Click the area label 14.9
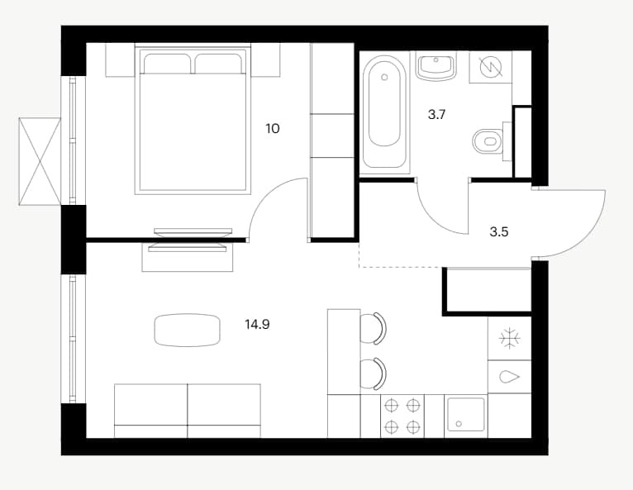coord(257,324)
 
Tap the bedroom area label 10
coord(273,129)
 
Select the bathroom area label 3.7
coord(436,115)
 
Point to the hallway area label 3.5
coord(498,232)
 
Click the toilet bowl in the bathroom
coord(488,141)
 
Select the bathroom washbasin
coord(436,67)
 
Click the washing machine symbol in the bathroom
coord(490,67)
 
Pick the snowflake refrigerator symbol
coord(510,338)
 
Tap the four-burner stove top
coord(402,416)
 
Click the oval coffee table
coord(188,330)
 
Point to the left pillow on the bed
coord(167,64)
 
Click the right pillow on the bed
coord(219,64)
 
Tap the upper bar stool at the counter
coord(373,328)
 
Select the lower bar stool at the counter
coord(373,373)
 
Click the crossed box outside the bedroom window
coord(40,161)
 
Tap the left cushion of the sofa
coord(151,411)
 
